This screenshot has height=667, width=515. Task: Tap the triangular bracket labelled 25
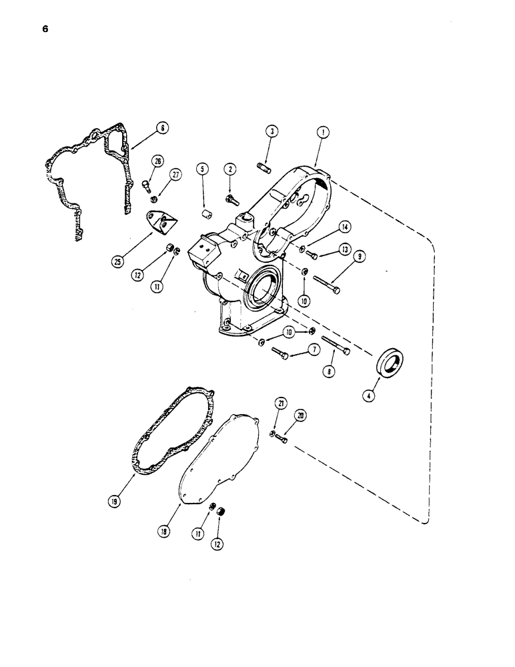(x=159, y=223)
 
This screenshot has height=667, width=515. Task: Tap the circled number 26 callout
(x=158, y=161)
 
